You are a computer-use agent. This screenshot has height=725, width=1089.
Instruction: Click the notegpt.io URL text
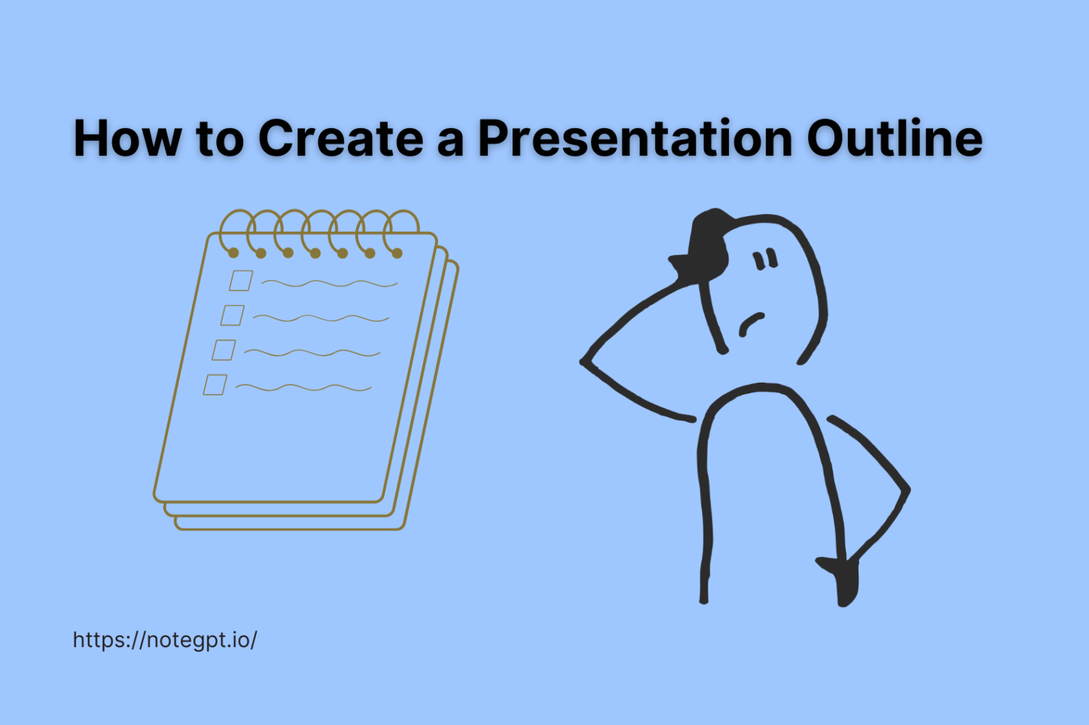click(164, 640)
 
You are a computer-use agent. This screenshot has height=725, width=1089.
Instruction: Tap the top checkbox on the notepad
click(241, 281)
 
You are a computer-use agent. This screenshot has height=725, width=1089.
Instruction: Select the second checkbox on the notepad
click(233, 315)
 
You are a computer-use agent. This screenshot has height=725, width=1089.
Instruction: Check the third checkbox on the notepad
click(224, 350)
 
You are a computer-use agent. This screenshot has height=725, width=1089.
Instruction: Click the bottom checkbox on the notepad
click(216, 385)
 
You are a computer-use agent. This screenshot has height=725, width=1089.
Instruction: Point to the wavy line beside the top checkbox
click(329, 283)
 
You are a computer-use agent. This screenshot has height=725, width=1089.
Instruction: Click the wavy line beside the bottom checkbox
click(303, 388)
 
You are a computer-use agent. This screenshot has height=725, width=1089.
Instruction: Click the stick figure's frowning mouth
click(752, 323)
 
